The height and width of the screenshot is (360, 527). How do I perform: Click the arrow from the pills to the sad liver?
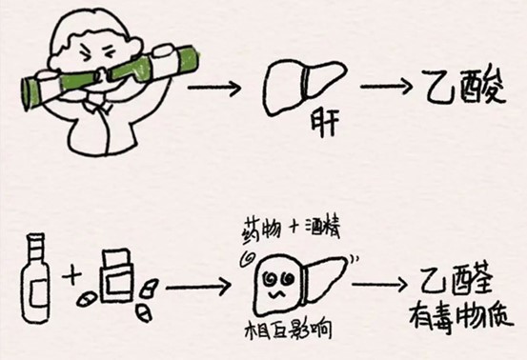[194, 286]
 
